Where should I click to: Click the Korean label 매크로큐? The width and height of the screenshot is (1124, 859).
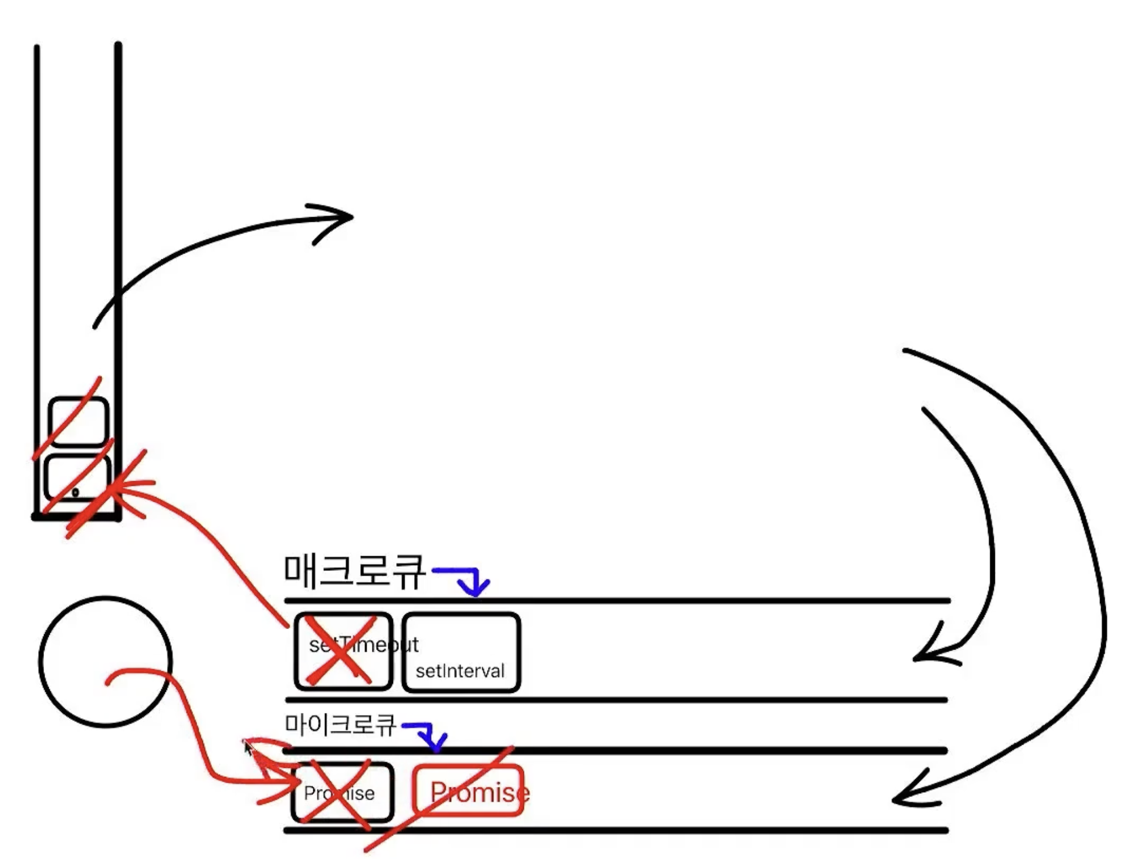tap(354, 571)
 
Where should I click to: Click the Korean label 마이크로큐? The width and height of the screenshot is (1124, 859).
tap(340, 725)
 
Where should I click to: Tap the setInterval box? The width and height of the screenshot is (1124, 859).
tap(461, 652)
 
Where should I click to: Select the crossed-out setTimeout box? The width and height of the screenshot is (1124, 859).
tap(343, 651)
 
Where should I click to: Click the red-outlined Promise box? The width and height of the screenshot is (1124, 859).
tap(468, 792)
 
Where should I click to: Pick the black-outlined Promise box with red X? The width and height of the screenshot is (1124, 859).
tap(342, 792)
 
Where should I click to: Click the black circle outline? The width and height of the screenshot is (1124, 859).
tap(106, 662)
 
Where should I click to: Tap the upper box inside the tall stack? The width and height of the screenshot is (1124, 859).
tap(78, 421)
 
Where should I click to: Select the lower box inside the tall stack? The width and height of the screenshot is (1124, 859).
tap(77, 478)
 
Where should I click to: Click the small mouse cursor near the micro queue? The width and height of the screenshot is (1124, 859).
tap(248, 748)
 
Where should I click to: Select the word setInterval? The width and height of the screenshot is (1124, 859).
tap(460, 671)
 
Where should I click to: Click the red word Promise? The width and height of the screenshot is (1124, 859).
tap(479, 793)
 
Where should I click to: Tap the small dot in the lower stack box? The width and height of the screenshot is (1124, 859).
tap(75, 492)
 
